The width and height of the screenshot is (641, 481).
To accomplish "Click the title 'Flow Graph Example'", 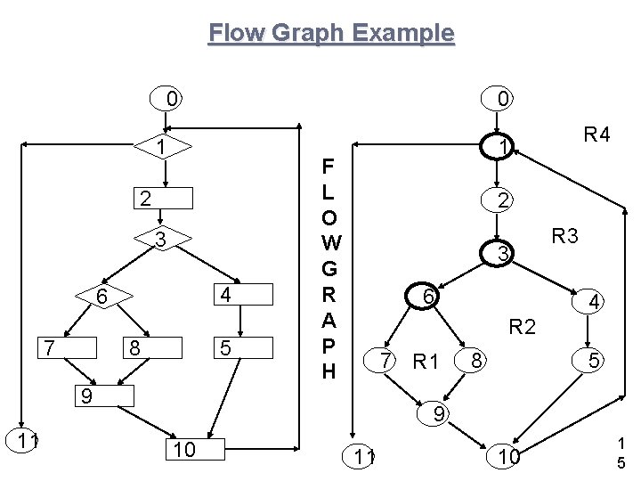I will (331, 34).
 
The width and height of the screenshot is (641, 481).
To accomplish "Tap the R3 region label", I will (564, 236).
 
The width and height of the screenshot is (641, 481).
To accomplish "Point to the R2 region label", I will (522, 327).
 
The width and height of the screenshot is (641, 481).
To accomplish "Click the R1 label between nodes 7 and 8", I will (427, 362).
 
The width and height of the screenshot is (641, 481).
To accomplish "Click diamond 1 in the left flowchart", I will (159, 145).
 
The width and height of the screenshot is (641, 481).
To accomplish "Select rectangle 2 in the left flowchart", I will (161, 197).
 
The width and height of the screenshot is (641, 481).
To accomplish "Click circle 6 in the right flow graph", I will (428, 297).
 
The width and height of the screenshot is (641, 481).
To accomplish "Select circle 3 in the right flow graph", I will (502, 255).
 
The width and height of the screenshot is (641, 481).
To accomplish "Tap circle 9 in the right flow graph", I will (438, 413).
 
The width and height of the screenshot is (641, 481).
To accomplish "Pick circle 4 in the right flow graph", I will (591, 303).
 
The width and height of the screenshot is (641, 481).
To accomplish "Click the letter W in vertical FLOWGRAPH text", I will (329, 241).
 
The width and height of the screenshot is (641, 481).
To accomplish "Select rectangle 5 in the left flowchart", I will (241, 349).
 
